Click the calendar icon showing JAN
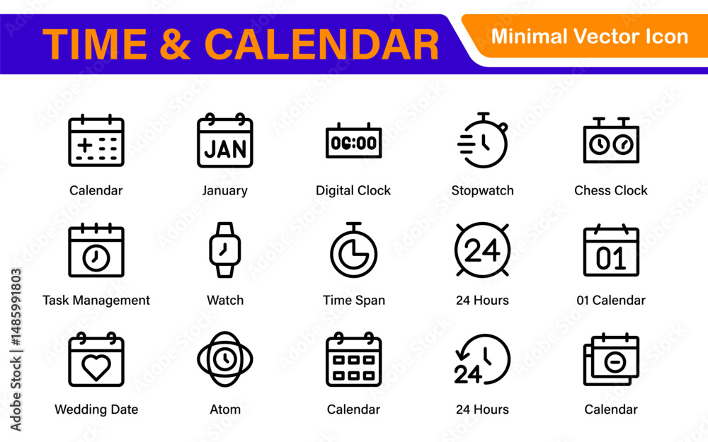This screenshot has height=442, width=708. pyautogui.click(x=225, y=141)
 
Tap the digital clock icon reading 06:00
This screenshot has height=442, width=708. pyautogui.click(x=353, y=141)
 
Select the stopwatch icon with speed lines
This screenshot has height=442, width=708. pyautogui.click(x=482, y=140)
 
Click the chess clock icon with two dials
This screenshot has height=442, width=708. pyautogui.click(x=611, y=140)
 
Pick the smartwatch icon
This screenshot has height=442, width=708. pyautogui.click(x=225, y=250)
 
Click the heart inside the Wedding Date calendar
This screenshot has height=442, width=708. pyautogui.click(x=96, y=366)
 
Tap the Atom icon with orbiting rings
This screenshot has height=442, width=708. pyautogui.click(x=225, y=359)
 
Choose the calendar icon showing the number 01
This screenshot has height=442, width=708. pyautogui.click(x=611, y=250)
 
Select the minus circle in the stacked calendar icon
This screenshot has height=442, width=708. pyautogui.click(x=615, y=361)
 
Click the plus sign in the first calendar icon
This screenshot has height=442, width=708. pyautogui.click(x=85, y=145)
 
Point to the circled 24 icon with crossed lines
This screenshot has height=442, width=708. pyautogui.click(x=482, y=250)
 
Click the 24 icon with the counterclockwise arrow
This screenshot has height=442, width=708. pyautogui.click(x=482, y=359)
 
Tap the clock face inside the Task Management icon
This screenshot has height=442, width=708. pyautogui.click(x=96, y=258)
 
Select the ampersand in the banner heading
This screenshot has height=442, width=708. pyautogui.click(x=176, y=44)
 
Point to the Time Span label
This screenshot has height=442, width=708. pyautogui.click(x=354, y=301)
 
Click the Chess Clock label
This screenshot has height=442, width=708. pyautogui.click(x=611, y=190)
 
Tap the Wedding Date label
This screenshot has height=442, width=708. pyautogui.click(x=96, y=409)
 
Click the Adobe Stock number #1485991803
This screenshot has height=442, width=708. pyautogui.click(x=16, y=307)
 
